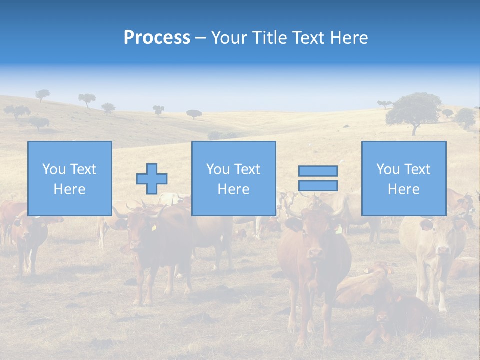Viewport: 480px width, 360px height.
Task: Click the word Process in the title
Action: [x=157, y=38]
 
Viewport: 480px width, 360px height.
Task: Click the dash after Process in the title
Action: [x=201, y=38]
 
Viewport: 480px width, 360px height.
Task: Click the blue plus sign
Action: [x=152, y=179]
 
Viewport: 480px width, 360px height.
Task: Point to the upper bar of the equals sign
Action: [x=318, y=171]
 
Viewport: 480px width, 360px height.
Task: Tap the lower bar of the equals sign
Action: [x=318, y=185]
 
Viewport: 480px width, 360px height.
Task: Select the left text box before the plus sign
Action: [x=69, y=178]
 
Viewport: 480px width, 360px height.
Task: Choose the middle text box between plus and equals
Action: [x=233, y=178]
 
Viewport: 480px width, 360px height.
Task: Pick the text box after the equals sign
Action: [x=403, y=178]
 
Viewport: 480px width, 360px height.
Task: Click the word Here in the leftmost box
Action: [x=69, y=189]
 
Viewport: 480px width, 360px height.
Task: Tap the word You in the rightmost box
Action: [x=388, y=169]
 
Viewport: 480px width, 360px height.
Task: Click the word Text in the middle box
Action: [x=247, y=169]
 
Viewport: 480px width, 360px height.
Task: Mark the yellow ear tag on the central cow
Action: [x=339, y=230]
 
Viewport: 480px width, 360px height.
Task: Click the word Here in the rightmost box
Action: [x=403, y=189]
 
